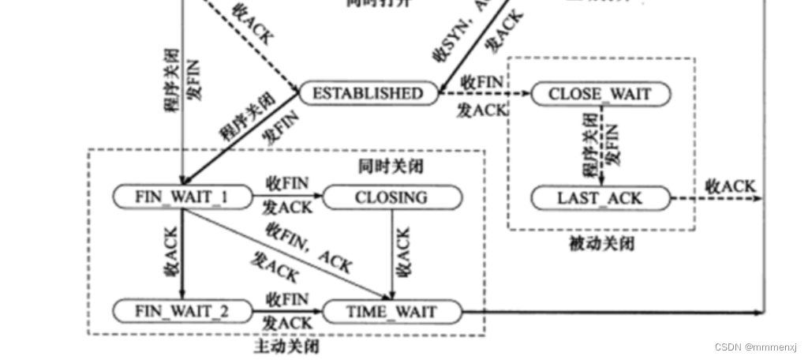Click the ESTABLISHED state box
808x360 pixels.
point(368,93)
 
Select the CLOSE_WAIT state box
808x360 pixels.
point(600,94)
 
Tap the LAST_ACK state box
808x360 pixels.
point(600,197)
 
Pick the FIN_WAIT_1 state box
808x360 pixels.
point(181,197)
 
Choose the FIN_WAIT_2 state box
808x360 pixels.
point(181,310)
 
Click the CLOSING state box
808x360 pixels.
point(391,197)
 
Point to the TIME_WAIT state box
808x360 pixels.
point(391,311)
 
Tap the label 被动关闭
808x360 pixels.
point(601,244)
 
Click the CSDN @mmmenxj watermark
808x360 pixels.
point(756,347)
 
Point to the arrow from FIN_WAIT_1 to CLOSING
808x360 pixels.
point(288,197)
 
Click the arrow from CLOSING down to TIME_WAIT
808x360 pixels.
point(392,253)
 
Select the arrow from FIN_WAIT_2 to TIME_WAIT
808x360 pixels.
point(288,311)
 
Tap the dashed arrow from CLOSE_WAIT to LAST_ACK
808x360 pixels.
point(601,146)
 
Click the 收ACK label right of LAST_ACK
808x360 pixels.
point(729,187)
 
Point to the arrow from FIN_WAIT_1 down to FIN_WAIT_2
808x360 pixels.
point(181,253)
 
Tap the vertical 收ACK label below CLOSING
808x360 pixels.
point(403,252)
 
